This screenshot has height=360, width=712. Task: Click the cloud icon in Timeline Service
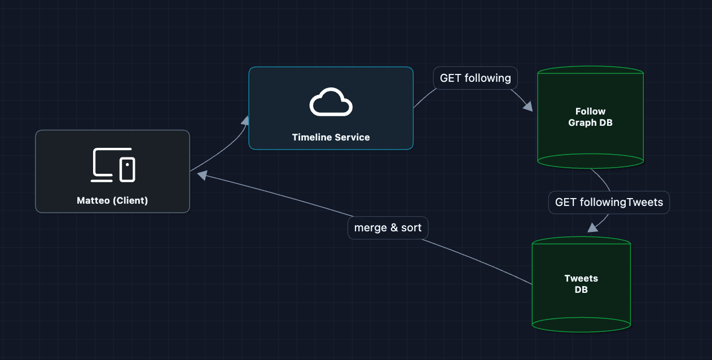[331, 102]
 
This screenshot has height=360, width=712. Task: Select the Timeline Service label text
[331, 137]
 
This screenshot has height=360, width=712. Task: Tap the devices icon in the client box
[113, 165]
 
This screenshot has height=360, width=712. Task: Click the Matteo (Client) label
[112, 200]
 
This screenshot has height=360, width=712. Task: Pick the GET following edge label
[475, 78]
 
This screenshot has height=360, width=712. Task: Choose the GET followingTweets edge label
[609, 202]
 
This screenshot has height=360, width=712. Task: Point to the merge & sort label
[388, 228]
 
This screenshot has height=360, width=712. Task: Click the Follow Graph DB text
[590, 117]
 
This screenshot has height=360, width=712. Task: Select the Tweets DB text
[581, 284]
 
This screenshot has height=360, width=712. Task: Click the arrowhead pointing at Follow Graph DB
[528, 107]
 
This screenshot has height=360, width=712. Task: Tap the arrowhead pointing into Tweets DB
[592, 227]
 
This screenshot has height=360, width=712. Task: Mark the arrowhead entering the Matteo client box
[201, 175]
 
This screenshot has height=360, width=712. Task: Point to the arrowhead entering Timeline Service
[245, 120]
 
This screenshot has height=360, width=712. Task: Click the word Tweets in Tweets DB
[581, 278]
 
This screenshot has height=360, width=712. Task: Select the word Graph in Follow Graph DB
[581, 122]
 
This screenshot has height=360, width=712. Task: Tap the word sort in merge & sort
[411, 228]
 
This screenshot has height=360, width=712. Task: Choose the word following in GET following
[487, 78]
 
